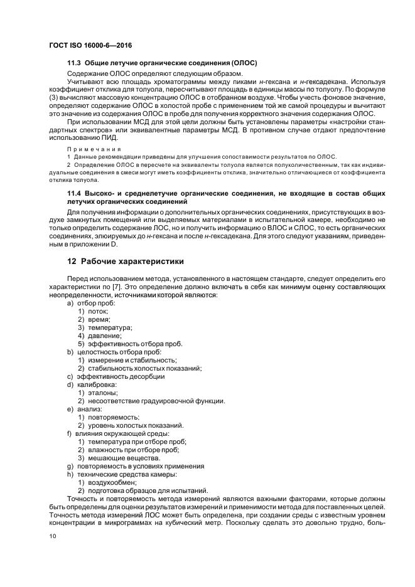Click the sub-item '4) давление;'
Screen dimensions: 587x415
99,336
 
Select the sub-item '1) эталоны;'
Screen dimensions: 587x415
97,393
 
